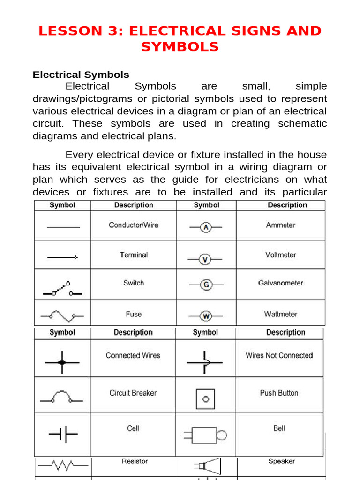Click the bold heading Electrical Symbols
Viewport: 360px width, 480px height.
click(81, 75)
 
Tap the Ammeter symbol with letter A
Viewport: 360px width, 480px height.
click(206, 227)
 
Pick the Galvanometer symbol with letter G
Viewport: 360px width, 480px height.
click(206, 284)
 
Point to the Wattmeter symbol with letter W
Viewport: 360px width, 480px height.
click(206, 316)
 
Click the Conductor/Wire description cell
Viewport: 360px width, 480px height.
click(134, 225)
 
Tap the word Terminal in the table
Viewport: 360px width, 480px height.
click(134, 255)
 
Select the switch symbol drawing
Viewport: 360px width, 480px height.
click(63, 289)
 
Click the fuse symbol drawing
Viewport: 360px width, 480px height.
click(62, 316)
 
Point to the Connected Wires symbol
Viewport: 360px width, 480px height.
click(62, 362)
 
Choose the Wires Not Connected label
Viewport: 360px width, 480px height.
click(279, 355)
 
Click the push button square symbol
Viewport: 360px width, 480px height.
click(205, 399)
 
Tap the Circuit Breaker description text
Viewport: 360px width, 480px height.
click(133, 393)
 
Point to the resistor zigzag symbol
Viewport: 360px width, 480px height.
click(63, 465)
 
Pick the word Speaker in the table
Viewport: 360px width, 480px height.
click(281, 461)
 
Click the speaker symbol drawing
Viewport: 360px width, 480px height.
click(207, 466)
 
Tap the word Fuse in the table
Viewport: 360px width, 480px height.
click(134, 314)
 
